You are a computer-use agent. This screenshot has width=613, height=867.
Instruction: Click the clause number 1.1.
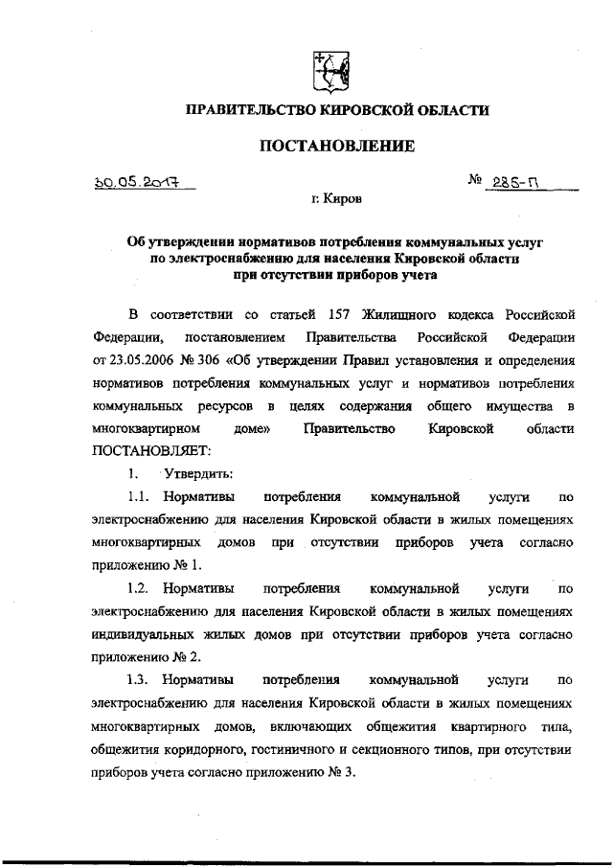pyautogui.click(x=141, y=497)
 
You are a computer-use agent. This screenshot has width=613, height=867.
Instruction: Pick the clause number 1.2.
pyautogui.click(x=141, y=588)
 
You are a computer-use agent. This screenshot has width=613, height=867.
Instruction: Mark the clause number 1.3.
pyautogui.click(x=141, y=679)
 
